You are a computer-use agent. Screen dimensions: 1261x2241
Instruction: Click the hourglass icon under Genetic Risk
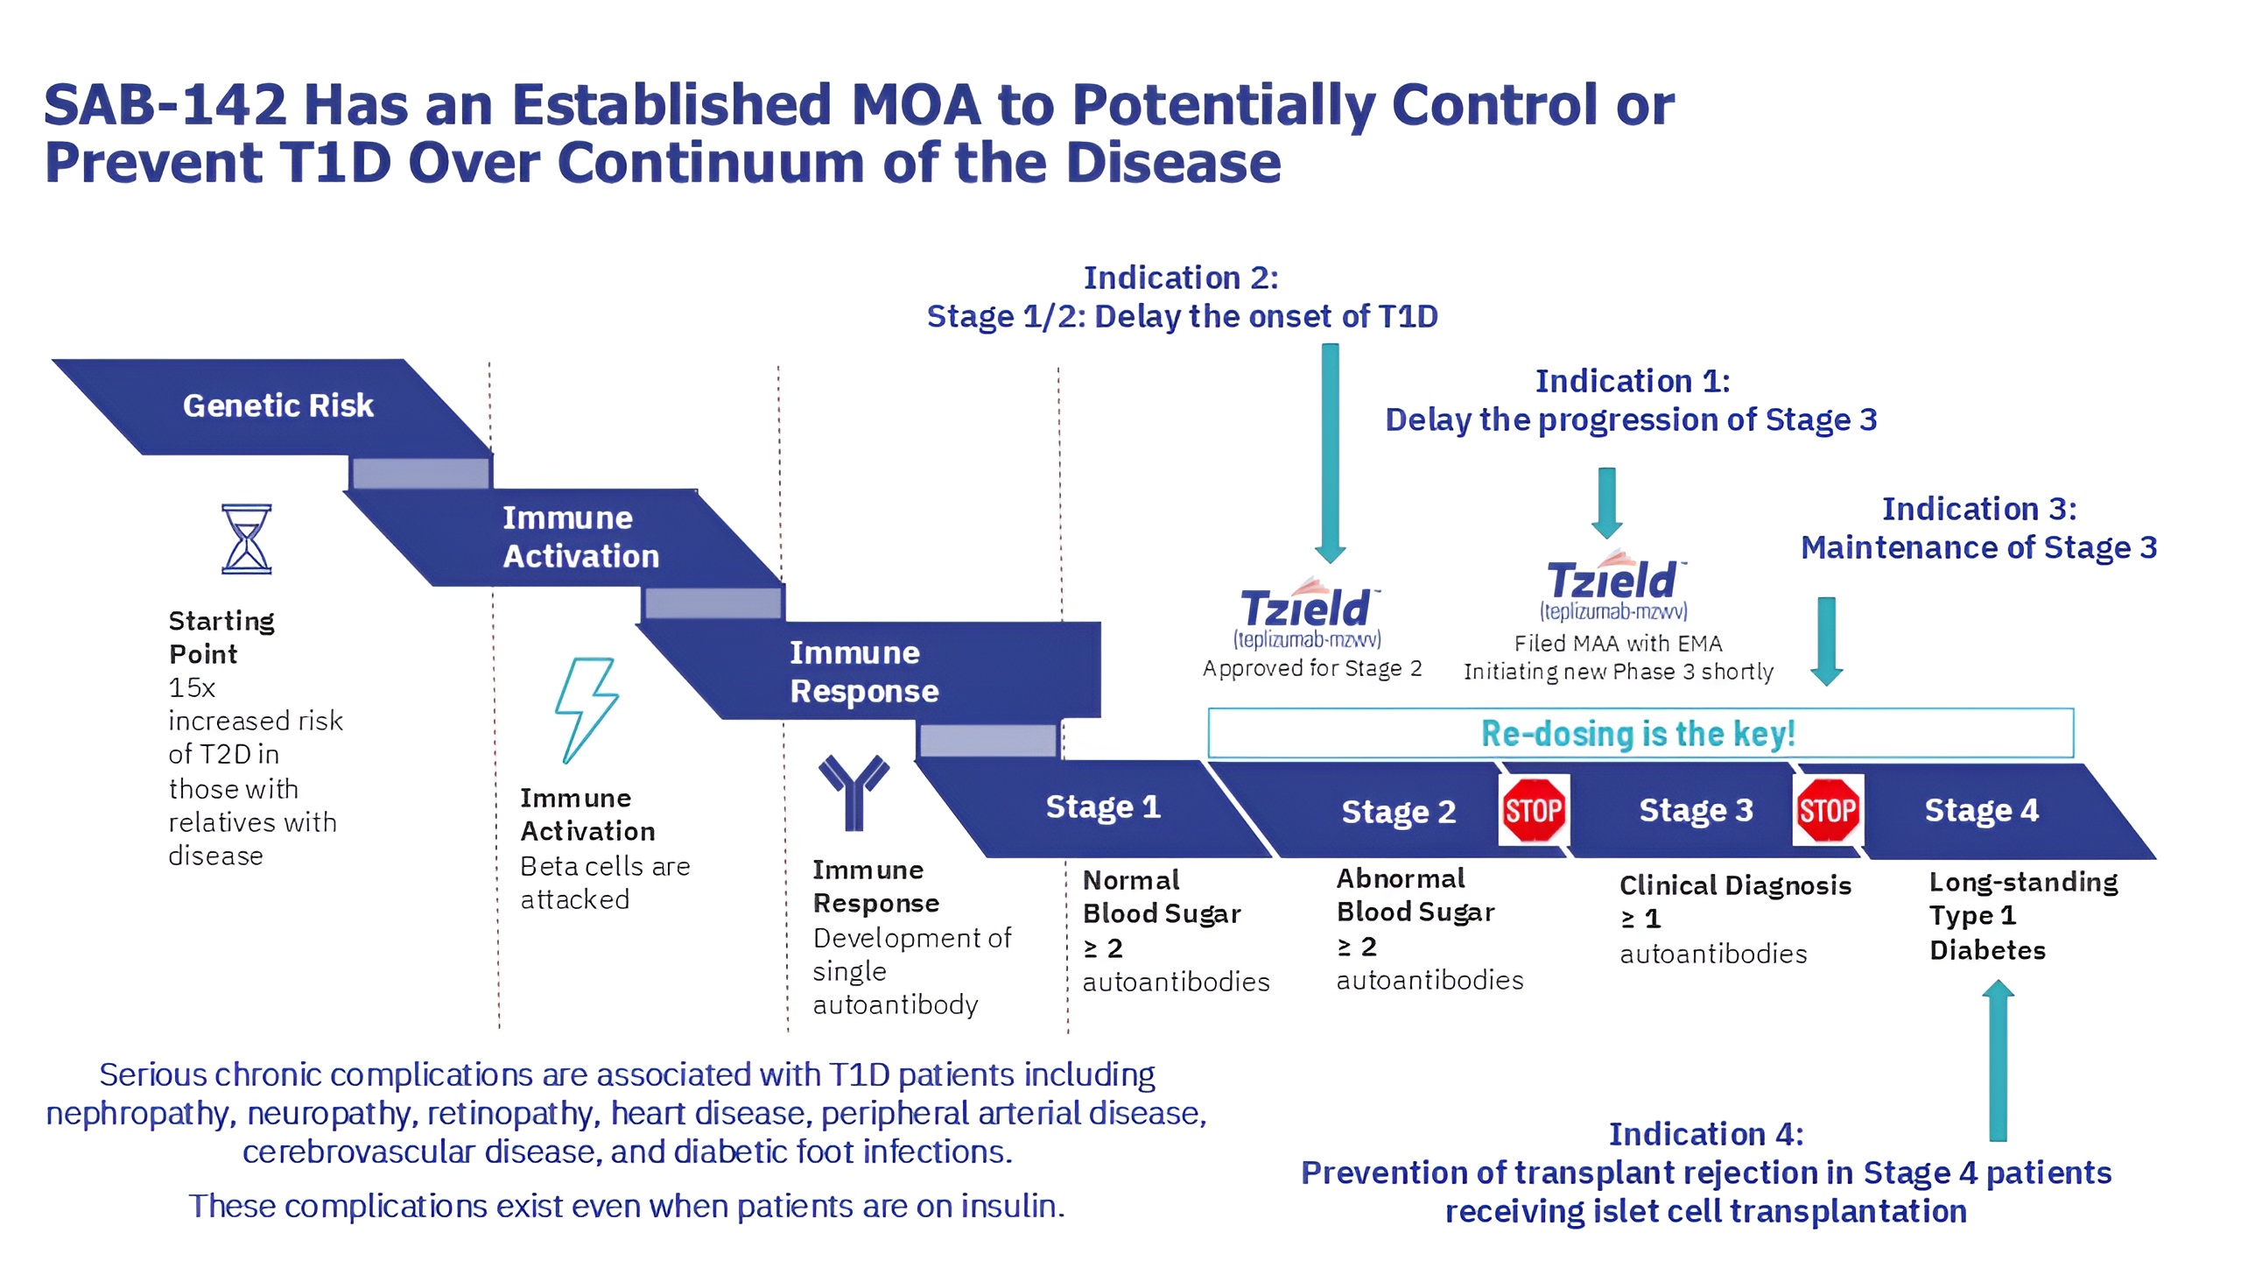[247, 539]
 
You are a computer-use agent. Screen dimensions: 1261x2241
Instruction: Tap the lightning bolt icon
[586, 709]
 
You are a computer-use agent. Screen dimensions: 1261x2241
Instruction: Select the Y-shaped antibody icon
[854, 791]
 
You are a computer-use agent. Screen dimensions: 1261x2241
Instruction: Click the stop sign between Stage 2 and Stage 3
[1534, 810]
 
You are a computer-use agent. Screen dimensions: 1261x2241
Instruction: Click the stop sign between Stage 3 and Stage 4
[1828, 810]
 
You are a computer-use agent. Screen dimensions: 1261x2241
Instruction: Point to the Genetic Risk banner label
[277, 405]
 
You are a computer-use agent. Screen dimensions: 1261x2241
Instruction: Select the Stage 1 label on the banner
[1103, 807]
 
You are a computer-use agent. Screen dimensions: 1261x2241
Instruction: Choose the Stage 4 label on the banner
[1981, 811]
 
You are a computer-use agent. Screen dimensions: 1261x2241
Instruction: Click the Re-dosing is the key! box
[1640, 733]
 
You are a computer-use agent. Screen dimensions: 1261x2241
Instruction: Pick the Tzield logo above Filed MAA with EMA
[1613, 579]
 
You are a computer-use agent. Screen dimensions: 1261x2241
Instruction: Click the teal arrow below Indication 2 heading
[1331, 451]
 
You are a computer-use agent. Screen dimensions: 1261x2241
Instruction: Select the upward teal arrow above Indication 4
[1998, 1060]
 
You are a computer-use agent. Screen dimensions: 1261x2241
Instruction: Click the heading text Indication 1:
[1633, 381]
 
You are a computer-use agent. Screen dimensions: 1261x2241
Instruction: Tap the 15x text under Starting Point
[192, 687]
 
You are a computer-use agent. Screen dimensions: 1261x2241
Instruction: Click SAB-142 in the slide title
[165, 105]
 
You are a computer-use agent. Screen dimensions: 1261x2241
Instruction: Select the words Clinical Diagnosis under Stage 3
[1735, 885]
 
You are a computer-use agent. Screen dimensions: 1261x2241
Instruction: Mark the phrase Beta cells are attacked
[604, 883]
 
